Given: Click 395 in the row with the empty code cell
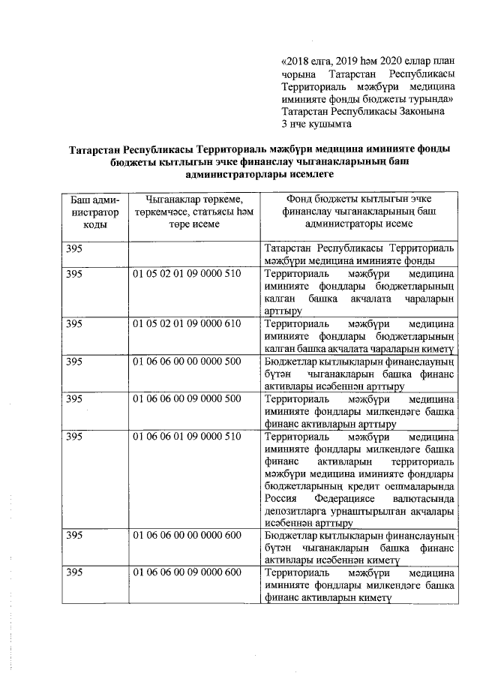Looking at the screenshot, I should [73, 248].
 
